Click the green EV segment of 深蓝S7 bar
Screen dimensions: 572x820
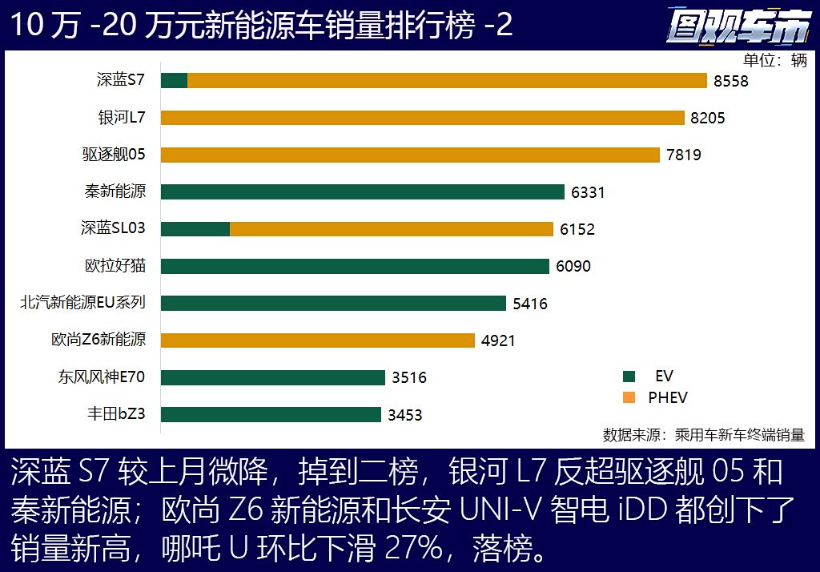(x=174, y=80)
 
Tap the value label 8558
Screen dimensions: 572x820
(x=731, y=81)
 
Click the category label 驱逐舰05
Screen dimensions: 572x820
(x=114, y=155)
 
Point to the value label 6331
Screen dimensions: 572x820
(x=588, y=192)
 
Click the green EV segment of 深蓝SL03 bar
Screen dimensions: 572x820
(x=195, y=228)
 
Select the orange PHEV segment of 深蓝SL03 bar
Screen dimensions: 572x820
(x=392, y=228)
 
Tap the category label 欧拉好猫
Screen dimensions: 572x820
(x=115, y=265)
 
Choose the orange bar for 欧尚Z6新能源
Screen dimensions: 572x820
(x=318, y=340)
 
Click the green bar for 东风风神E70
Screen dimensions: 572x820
(x=273, y=377)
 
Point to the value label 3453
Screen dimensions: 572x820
(x=404, y=415)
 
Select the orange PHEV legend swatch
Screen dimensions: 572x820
(x=629, y=397)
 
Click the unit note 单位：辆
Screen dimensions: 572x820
(x=775, y=60)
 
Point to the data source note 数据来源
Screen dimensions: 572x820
(x=703, y=435)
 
